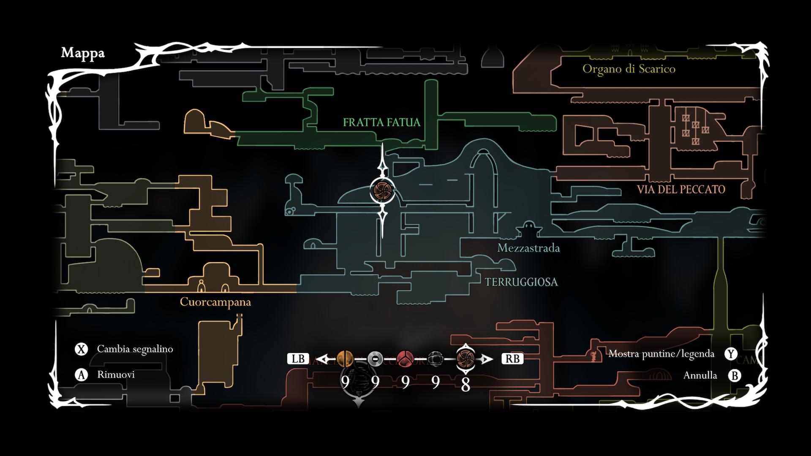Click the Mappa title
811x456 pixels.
[x=83, y=53]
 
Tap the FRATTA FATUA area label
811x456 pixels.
[x=381, y=122]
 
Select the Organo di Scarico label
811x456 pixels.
[x=629, y=69]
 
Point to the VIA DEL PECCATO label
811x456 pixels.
[x=680, y=190]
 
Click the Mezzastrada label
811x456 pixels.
[x=528, y=248]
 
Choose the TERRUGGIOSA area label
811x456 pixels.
[x=521, y=282]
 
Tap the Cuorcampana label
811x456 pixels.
[x=215, y=302]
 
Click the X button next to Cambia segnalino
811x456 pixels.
[x=81, y=349]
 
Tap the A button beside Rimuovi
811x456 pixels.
[x=81, y=375]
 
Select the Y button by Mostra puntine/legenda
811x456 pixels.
[x=731, y=354]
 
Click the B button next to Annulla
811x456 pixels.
[x=735, y=375]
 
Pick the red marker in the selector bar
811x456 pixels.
[x=405, y=359]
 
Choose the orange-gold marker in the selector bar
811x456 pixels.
[x=345, y=359]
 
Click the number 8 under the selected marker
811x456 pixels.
[x=465, y=385]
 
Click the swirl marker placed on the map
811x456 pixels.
[x=383, y=190]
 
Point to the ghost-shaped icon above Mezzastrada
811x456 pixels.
[x=528, y=230]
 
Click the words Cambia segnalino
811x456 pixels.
[x=135, y=349]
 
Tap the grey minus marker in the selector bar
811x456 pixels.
[x=375, y=359]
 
